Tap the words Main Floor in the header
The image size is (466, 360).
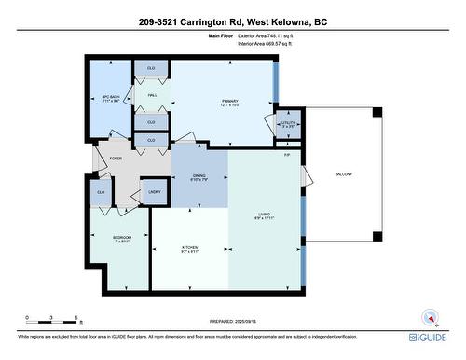click(220, 35)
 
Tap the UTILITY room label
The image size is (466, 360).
click(288, 121)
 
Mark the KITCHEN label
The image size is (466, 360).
click(189, 248)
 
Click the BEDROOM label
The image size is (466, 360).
click(122, 239)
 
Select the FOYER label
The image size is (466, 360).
click(116, 159)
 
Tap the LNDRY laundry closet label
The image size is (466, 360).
click(155, 192)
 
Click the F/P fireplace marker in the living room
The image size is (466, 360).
click(287, 156)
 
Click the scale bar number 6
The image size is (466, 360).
click(75, 317)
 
